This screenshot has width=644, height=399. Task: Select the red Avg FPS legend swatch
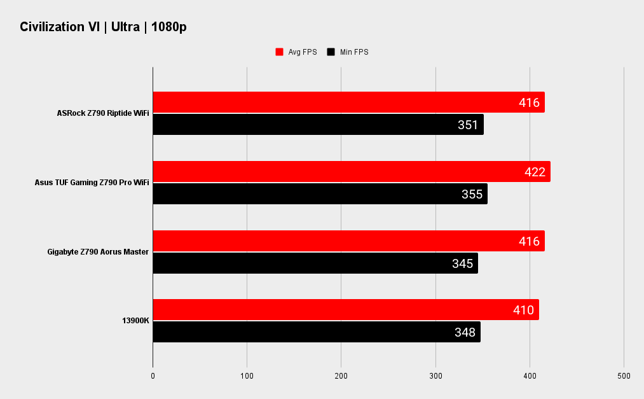point(279,52)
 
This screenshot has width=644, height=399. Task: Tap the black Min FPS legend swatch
point(331,52)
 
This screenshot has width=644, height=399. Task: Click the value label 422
point(535,172)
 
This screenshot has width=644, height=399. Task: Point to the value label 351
point(468,125)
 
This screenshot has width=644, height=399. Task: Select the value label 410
point(523,310)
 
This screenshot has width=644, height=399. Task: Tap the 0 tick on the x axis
point(153,376)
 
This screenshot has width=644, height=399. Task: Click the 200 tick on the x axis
point(341,376)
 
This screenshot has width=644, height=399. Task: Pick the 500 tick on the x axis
point(624,376)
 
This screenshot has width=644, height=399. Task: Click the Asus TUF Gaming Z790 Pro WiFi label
point(92,183)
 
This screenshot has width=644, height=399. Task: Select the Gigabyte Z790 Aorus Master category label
point(98,252)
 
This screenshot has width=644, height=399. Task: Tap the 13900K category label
point(135,321)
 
